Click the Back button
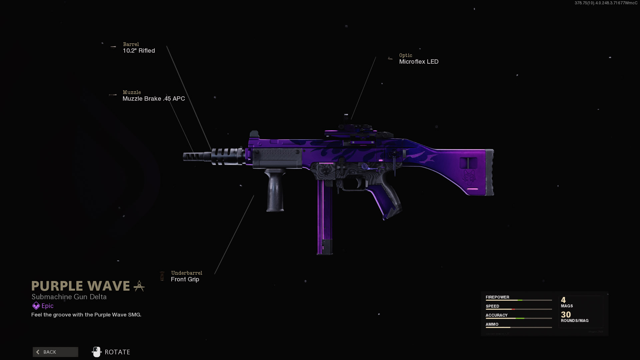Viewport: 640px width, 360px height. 55,352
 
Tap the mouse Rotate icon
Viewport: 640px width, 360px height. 96,352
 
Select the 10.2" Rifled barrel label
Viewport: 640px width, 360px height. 139,51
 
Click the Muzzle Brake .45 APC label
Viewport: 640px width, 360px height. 153,99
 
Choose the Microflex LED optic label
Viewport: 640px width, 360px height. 419,62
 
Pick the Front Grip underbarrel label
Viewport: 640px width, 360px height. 185,279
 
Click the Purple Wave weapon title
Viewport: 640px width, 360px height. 81,286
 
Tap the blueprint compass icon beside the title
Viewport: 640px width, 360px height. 139,286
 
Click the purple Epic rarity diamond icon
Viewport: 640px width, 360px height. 36,306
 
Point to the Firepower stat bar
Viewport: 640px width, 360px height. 519,300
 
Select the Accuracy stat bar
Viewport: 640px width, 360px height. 519,318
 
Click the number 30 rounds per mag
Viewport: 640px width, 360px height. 566,314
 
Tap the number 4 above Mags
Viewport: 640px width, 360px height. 563,300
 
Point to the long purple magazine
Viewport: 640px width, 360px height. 324,217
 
